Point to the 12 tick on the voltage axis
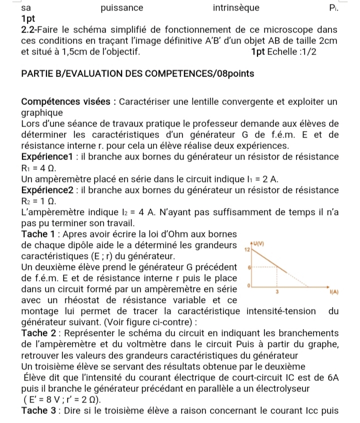(246, 248)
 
